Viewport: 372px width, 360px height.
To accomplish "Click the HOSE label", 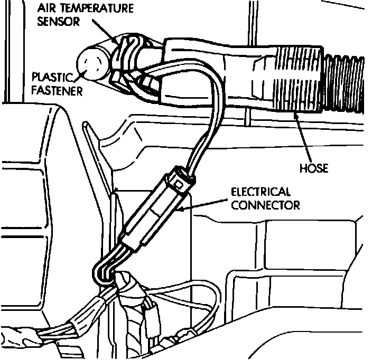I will point(314,169).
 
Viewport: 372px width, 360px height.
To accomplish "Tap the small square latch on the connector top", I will point(181,184).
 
